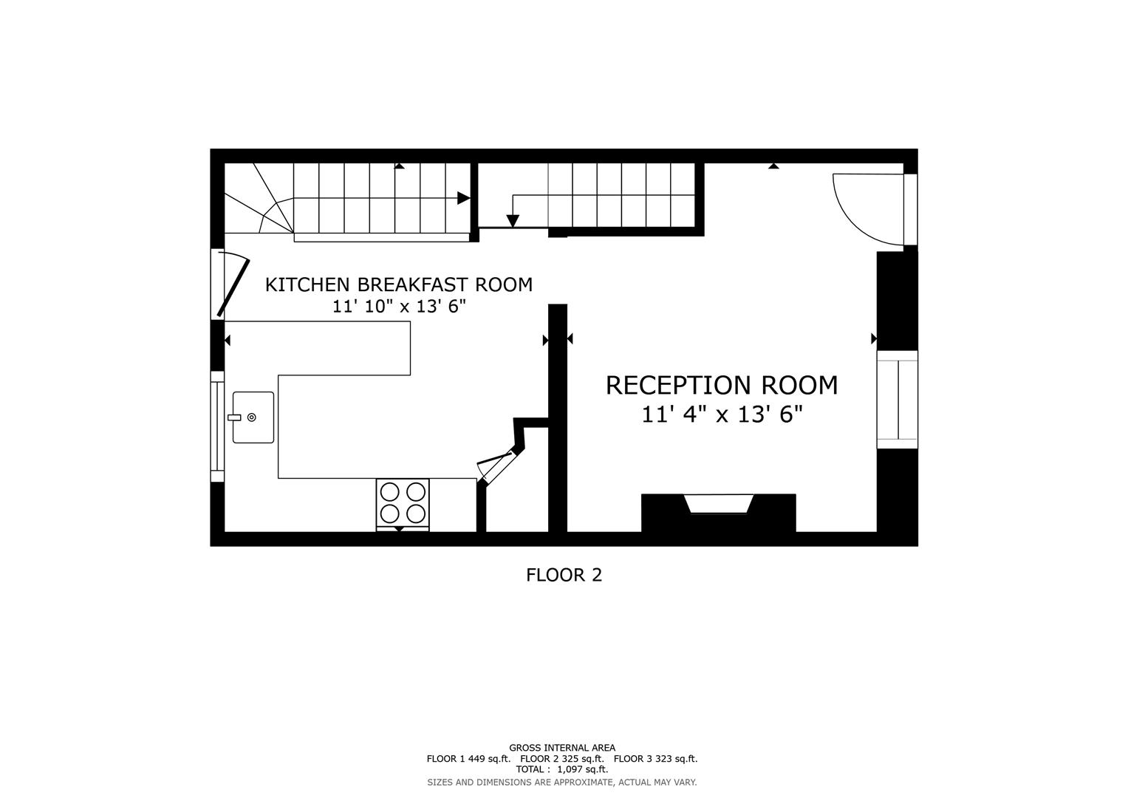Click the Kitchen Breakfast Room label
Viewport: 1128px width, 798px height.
(398, 284)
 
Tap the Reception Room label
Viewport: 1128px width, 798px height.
(721, 385)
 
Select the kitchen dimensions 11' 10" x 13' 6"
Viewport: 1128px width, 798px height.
(398, 307)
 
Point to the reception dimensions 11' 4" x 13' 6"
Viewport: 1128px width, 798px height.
(721, 415)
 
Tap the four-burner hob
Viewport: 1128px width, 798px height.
(403, 503)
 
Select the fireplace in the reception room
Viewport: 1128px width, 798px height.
(718, 505)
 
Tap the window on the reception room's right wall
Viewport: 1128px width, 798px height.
(897, 400)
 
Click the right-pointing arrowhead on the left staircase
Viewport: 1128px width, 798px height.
(463, 198)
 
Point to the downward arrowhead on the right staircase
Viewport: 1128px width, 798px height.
(513, 221)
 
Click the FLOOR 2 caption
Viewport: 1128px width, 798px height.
(564, 575)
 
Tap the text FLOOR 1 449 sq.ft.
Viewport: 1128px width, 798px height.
(468, 758)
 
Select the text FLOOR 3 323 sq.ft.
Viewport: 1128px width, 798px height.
(655, 758)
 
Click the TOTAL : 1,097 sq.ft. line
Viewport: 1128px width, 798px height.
(561, 769)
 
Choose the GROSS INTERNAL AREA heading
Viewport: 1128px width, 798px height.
(561, 748)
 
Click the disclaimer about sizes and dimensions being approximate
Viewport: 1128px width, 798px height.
(561, 782)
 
